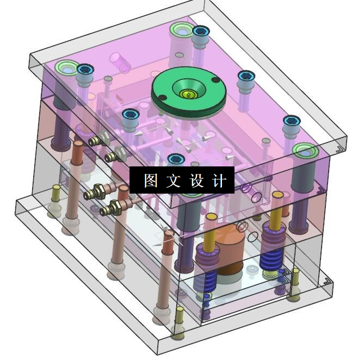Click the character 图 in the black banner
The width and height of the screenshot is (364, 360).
151,180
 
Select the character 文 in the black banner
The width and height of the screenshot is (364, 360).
174,180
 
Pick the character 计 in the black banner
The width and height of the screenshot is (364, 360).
219,180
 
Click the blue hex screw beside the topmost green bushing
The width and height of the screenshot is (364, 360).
201,32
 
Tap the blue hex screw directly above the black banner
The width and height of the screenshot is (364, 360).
176,159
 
